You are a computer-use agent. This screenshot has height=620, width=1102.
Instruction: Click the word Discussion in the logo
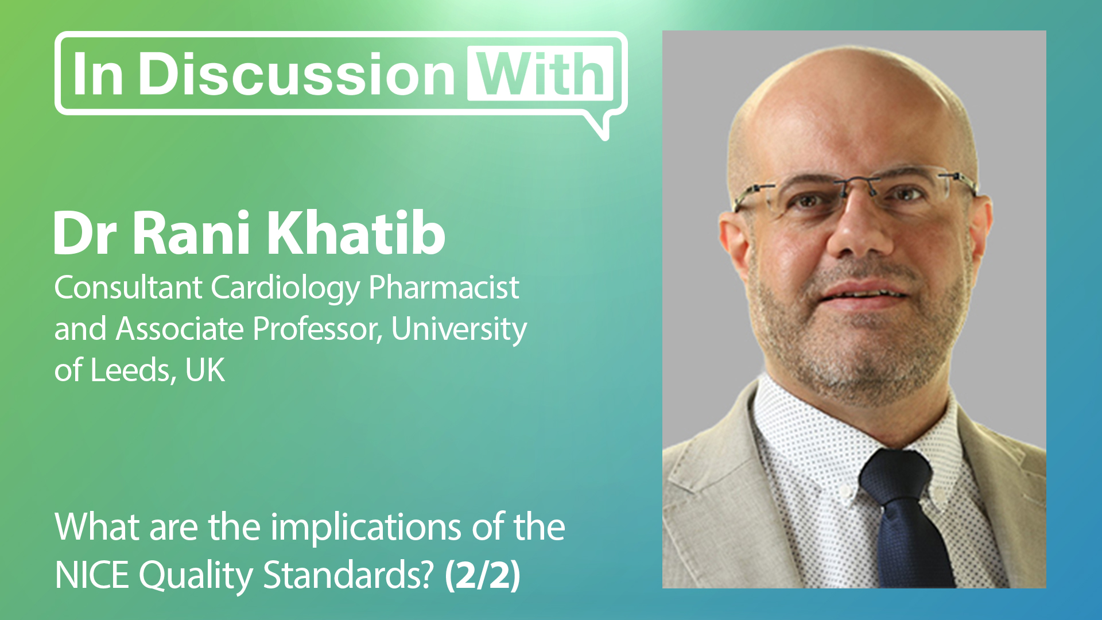[297, 75]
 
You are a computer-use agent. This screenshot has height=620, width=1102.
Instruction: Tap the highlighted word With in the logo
[541, 75]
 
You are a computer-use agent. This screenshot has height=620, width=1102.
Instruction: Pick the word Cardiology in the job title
[285, 288]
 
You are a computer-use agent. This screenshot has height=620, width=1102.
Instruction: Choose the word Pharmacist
[444, 288]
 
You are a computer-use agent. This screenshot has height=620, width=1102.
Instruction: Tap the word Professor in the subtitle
[317, 330]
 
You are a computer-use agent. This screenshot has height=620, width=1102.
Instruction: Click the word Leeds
[131, 371]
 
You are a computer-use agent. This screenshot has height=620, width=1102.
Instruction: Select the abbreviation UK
[205, 371]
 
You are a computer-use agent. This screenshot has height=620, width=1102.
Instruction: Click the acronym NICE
[92, 575]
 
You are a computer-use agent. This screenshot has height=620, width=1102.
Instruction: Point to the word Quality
[195, 576]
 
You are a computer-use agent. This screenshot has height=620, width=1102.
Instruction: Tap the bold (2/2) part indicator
[483, 575]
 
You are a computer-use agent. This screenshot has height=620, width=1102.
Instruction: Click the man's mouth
[864, 293]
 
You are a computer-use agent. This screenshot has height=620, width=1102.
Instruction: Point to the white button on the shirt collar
[844, 492]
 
